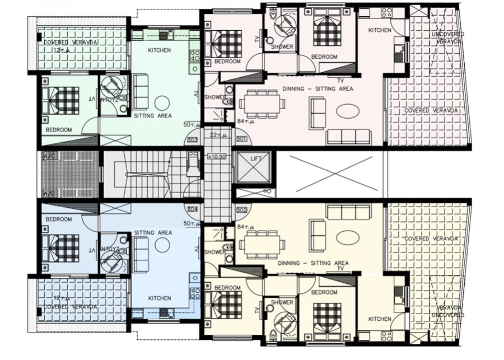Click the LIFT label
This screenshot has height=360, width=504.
256,159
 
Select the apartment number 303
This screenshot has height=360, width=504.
192,139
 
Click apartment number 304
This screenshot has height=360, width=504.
192,209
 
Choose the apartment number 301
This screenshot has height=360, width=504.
242,139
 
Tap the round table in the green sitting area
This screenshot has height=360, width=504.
162,102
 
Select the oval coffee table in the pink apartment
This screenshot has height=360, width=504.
348,111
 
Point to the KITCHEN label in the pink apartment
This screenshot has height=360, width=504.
380,30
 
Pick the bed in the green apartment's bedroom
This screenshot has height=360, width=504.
63,101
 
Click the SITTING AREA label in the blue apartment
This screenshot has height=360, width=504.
153,232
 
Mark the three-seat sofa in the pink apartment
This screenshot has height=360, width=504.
348,137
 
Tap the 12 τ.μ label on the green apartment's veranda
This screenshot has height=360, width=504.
60,50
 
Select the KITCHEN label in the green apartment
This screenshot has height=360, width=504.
159,50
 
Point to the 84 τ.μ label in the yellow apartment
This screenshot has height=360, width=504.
246,226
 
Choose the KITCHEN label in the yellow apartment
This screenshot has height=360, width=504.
380,319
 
